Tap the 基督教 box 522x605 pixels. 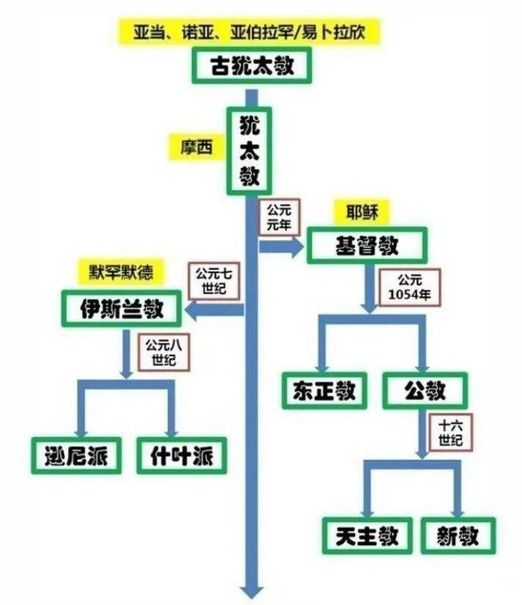coord(367,246)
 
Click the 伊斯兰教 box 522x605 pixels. coord(121,310)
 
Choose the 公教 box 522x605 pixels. coord(424,391)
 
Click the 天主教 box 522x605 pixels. coord(363,535)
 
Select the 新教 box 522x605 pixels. coord(458,535)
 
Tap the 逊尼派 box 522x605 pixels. coord(76,455)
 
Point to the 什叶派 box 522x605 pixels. coord(180,455)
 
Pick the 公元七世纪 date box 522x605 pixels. coord(213,282)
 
